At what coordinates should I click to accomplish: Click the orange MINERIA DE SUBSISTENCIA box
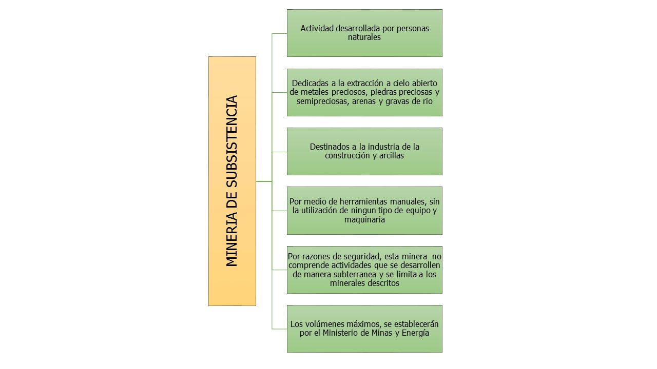coord(232,181)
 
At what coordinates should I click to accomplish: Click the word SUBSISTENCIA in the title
coord(231,141)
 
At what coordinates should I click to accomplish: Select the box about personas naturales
coord(364,33)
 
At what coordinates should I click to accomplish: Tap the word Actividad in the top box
coord(317,28)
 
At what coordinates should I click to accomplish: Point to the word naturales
coord(364,37)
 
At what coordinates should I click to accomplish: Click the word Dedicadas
coord(311,83)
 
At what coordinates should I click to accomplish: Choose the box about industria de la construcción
coord(364,151)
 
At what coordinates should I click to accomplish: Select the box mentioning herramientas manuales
coord(364,211)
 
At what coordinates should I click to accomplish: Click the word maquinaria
coord(364,219)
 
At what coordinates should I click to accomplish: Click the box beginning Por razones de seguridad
coord(364,270)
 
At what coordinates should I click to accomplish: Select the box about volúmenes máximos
coord(364,329)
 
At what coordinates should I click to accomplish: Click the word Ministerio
coord(340,333)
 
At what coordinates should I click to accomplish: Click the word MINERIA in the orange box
coord(231,240)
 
